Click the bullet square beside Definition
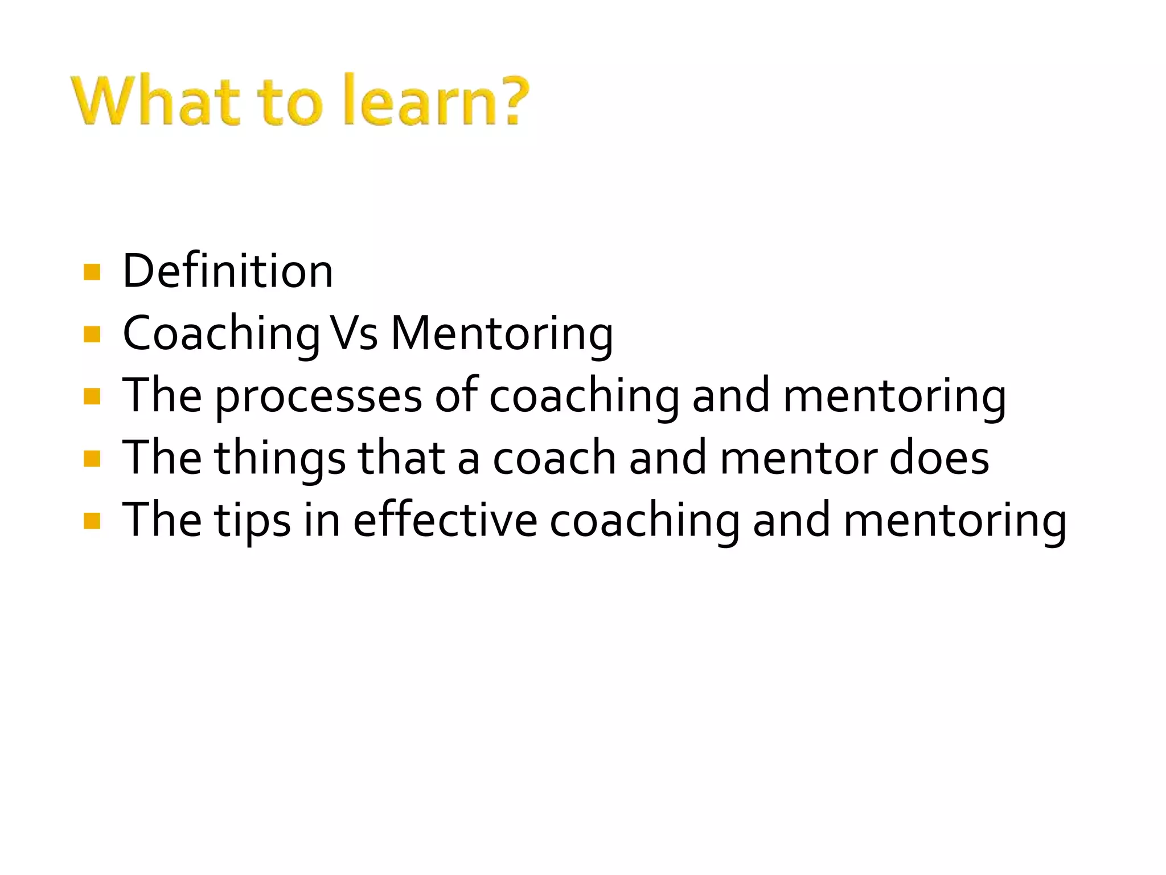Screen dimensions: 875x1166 coord(92,272)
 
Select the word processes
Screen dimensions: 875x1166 coord(318,397)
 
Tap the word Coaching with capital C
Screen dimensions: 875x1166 coord(221,335)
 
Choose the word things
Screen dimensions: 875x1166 coord(280,459)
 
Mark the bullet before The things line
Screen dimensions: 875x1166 coord(92,459)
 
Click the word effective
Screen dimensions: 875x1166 coord(445,520)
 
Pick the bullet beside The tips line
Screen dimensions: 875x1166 coord(92,521)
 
